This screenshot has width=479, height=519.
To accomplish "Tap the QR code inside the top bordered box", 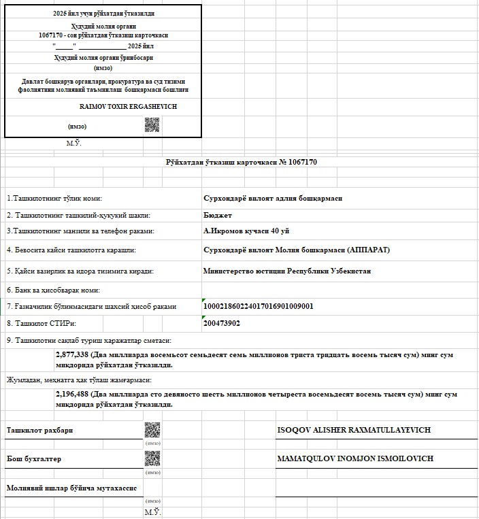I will pyautogui.click(x=152, y=125).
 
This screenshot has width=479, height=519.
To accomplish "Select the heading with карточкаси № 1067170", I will pyautogui.click(x=242, y=162).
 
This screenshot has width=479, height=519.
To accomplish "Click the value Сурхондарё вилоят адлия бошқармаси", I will pyautogui.click(x=273, y=198).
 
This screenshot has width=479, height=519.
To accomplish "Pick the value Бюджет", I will pyautogui.click(x=218, y=215).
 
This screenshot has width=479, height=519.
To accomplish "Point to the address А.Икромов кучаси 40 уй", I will pyautogui.click(x=246, y=231).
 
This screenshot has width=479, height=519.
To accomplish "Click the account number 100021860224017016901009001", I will pyautogui.click(x=259, y=306).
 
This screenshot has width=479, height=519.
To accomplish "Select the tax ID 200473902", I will pyautogui.click(x=222, y=323).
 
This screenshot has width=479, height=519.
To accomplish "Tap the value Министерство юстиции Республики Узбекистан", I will pyautogui.click(x=287, y=271).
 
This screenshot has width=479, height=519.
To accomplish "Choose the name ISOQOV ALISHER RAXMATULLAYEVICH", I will pyautogui.click(x=354, y=430).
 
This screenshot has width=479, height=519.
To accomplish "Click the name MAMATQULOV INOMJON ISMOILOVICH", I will pyautogui.click(x=355, y=458).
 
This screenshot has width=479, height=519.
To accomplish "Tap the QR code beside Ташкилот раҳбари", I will pyautogui.click(x=152, y=430).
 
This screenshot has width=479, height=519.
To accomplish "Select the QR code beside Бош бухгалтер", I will pyautogui.click(x=152, y=458).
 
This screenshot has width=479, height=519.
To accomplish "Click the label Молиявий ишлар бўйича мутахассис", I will pyautogui.click(x=72, y=488).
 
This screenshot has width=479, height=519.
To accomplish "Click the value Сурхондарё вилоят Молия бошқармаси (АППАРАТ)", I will pyautogui.click(x=297, y=250).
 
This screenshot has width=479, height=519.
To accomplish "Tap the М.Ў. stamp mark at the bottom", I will pyautogui.click(x=152, y=512).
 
